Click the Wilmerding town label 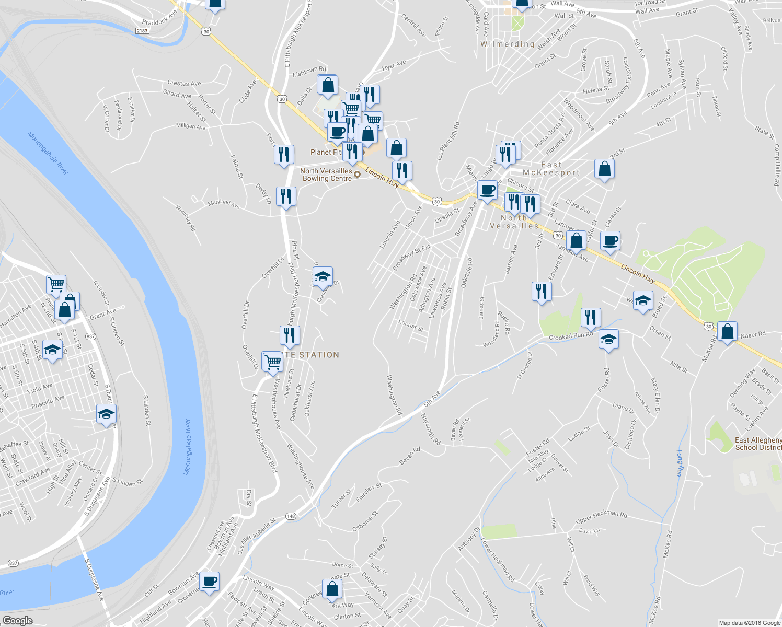coord(507,44)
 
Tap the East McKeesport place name coord(551,169)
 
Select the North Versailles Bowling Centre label coord(326,175)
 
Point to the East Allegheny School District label coord(758,444)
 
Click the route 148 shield coord(291,516)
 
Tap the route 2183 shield coord(142,31)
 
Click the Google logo coord(17,621)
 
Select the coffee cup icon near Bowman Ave coord(209,581)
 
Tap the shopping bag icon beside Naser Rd coord(727,331)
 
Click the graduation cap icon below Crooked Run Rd coord(608,340)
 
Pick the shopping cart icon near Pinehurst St coord(273,362)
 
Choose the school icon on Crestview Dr coord(323,276)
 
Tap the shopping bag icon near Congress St coord(332,589)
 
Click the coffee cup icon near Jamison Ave coord(610,241)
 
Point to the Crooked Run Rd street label coord(571,336)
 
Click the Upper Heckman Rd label coord(601,517)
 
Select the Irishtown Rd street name coord(309,71)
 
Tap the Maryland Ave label coord(223,204)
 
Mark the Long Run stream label coord(679,462)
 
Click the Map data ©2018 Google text coord(749,623)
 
